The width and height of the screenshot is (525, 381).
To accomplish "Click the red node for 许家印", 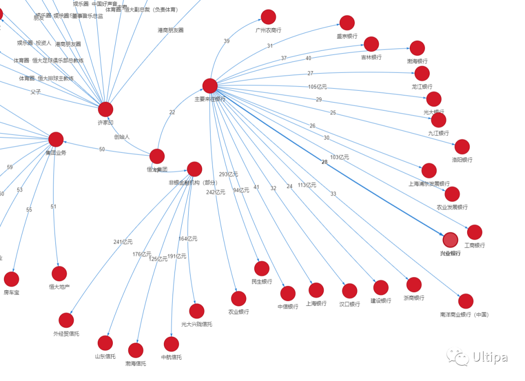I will click(105, 109).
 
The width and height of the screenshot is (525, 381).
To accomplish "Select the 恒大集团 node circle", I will click(157, 156).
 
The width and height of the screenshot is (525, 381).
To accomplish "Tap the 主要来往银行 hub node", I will click(210, 86).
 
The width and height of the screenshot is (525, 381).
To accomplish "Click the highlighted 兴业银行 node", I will click(451, 240).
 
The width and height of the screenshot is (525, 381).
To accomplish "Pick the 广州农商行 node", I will click(268, 17).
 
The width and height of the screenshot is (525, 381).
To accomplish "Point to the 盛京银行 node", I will click(347, 23).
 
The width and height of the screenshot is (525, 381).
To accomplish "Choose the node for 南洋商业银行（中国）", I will click(466, 301).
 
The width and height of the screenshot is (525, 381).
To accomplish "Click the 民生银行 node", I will click(262, 268).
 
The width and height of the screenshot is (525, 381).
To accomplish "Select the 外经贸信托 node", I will click(66, 320).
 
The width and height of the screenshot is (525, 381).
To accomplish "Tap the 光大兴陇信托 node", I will click(196, 311).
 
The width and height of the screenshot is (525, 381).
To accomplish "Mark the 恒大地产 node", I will click(59, 274).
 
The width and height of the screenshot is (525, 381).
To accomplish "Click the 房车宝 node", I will click(11, 279).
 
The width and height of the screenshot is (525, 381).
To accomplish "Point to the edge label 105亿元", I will click(318, 87).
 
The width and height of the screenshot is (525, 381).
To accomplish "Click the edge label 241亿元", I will click(123, 242).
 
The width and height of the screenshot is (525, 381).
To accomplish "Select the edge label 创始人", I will click(122, 137).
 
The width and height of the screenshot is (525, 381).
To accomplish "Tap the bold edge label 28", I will click(325, 162).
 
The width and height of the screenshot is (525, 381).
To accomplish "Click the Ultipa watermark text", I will click(490, 358).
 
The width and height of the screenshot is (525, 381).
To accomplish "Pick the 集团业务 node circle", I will click(56, 139).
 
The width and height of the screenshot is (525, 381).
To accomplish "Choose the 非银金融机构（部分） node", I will click(194, 169).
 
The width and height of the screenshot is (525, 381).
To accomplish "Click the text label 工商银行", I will click(474, 246).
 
